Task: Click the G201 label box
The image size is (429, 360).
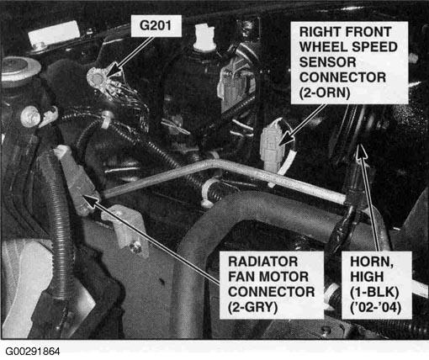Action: [156, 25]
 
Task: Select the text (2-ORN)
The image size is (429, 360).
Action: [325, 93]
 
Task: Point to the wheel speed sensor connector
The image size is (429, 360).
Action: [271, 146]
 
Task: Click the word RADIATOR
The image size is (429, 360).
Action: [262, 262]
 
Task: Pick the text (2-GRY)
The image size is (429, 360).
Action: [253, 307]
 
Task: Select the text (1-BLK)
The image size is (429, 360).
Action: [374, 292]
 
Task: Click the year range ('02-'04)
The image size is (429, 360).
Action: [376, 307]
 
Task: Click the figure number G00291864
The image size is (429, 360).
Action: [33, 352]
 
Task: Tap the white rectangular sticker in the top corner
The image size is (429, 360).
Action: [53, 34]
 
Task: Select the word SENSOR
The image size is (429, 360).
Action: [327, 62]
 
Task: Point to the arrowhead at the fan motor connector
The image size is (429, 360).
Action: [91, 199]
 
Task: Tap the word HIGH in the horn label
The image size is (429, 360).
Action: [367, 277]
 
